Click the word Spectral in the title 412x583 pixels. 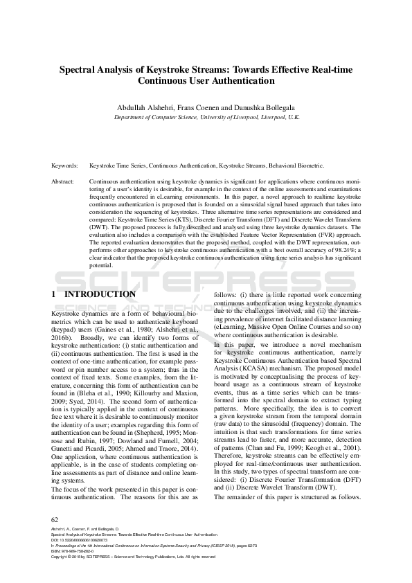pyautogui.click(x=80, y=69)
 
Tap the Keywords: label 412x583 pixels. pyautogui.click(x=64, y=166)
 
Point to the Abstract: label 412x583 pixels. pyautogui.click(x=63, y=180)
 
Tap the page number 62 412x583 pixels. pyautogui.click(x=55, y=519)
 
